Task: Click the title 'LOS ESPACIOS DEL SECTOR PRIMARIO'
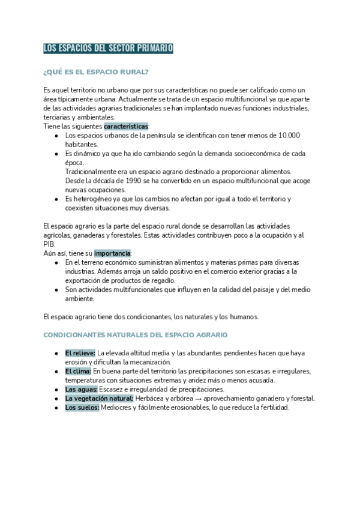click(x=108, y=48)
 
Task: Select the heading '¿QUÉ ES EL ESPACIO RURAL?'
click(x=97, y=72)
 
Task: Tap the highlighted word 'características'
click(x=126, y=127)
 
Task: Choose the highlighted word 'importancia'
click(x=112, y=253)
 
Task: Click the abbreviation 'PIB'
click(x=49, y=244)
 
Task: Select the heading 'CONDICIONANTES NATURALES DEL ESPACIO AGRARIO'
click(x=136, y=334)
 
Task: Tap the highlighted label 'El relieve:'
click(x=80, y=353)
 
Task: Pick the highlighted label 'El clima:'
click(x=78, y=372)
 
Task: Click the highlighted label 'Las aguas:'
click(x=80, y=390)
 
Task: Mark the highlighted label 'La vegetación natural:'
click(x=99, y=399)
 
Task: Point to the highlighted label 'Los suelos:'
click(x=82, y=408)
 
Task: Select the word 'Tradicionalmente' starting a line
click(x=90, y=172)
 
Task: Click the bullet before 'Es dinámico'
click(x=56, y=154)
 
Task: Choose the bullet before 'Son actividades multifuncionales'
click(x=56, y=290)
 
